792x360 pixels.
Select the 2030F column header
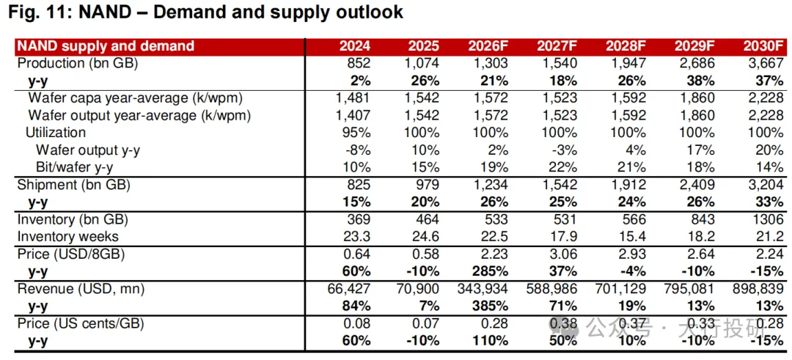[x=763, y=46]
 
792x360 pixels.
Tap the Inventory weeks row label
[x=67, y=237]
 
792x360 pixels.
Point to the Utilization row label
[x=56, y=133]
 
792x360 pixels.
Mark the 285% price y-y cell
[x=491, y=271]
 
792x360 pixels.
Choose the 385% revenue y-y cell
[x=491, y=306]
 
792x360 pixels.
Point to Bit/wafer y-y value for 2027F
[x=563, y=167]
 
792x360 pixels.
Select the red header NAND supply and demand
[x=106, y=46]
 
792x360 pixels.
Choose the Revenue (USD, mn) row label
[x=81, y=290]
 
